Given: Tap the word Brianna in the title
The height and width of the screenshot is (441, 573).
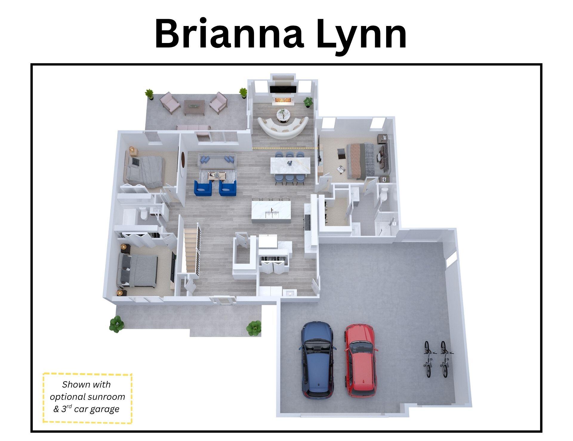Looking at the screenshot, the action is pos(229,34).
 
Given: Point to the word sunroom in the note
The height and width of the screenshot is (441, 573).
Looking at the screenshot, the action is pos(106,397).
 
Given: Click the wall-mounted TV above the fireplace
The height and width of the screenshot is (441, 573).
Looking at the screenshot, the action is pos(283,89).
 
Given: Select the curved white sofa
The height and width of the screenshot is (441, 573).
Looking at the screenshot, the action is pos(283,127).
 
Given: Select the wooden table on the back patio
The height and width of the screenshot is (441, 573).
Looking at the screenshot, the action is pos(194,108).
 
